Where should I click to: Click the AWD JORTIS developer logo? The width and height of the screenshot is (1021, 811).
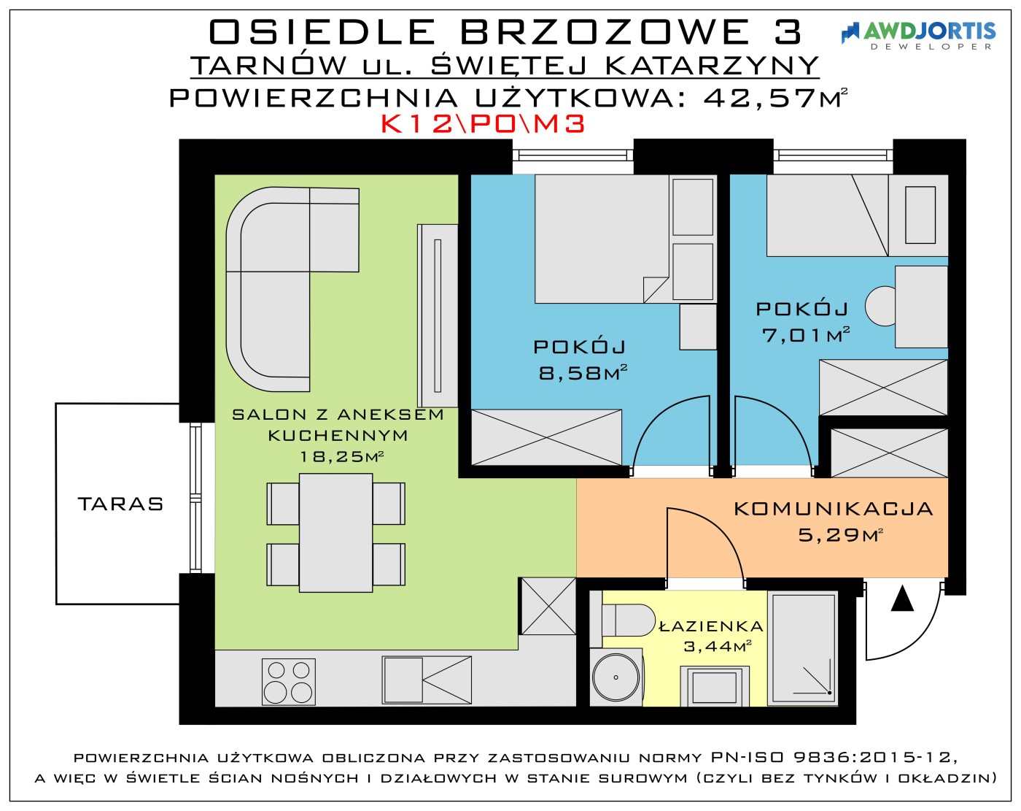click(x=918, y=35)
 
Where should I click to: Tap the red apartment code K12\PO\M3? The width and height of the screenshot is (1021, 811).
click(x=483, y=124)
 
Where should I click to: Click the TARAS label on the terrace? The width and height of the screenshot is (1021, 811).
click(x=120, y=504)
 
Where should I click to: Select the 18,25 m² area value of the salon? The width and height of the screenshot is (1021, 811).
click(x=341, y=456)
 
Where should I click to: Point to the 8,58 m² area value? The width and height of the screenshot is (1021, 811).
click(x=583, y=373)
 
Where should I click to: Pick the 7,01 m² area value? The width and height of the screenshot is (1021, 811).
click(x=806, y=335)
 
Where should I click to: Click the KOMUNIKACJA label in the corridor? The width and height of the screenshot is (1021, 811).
click(x=834, y=509)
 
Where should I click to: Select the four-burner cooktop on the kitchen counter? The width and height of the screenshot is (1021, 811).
click(x=289, y=681)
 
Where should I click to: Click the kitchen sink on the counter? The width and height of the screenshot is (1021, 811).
click(x=427, y=680)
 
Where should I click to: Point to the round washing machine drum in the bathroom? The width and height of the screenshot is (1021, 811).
click(x=616, y=677)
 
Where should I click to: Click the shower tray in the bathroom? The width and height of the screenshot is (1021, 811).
click(x=803, y=648)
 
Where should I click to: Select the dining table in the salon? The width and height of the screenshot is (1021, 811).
click(x=335, y=533)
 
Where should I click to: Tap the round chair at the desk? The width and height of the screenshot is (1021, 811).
click(x=880, y=307)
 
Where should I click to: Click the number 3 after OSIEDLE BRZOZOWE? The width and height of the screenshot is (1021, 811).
click(x=788, y=32)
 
